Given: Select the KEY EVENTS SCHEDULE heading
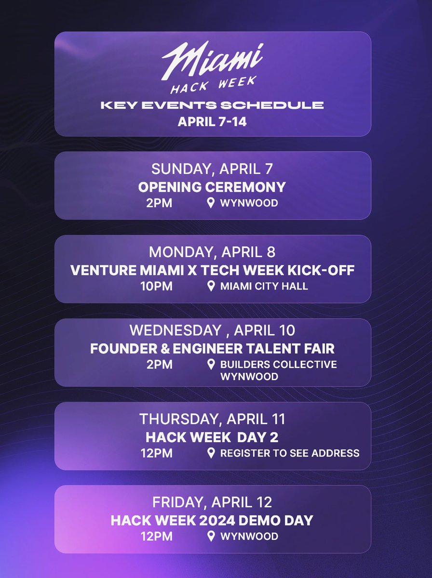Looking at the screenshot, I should [x=212, y=105].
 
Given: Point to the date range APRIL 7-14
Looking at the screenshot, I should [x=212, y=122].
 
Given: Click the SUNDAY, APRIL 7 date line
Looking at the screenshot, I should [x=212, y=169].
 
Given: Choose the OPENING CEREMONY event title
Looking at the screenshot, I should [x=212, y=187].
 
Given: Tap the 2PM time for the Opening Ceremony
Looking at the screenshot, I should [x=159, y=203].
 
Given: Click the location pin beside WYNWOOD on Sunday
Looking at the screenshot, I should [x=211, y=203].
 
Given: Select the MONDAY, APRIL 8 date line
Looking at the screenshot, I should [x=212, y=252].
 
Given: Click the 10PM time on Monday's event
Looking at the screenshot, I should [x=156, y=287].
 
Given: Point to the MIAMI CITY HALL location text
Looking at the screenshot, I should [x=264, y=287].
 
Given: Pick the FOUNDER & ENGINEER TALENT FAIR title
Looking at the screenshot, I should [x=212, y=348].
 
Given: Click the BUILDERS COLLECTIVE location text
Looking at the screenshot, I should [x=278, y=365].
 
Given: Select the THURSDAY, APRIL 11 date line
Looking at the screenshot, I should [x=212, y=419].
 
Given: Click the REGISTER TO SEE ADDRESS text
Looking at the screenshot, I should [x=289, y=453].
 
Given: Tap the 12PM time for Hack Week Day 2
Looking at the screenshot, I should [x=156, y=453].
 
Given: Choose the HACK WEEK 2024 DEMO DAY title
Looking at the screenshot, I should [x=212, y=520].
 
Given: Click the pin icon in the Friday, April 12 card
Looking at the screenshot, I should [x=211, y=536].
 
